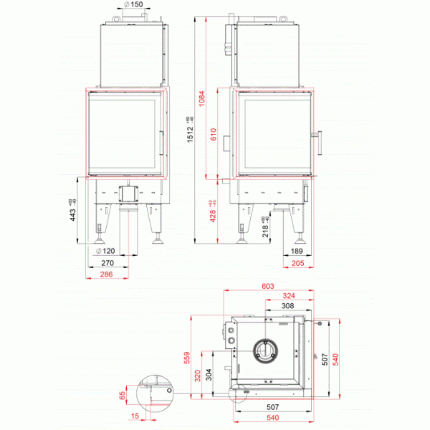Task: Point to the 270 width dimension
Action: tap(106, 264)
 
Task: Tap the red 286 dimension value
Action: tap(106, 274)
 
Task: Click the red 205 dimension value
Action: tap(299, 264)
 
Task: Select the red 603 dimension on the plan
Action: tap(267, 287)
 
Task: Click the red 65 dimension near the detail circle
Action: tap(123, 395)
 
